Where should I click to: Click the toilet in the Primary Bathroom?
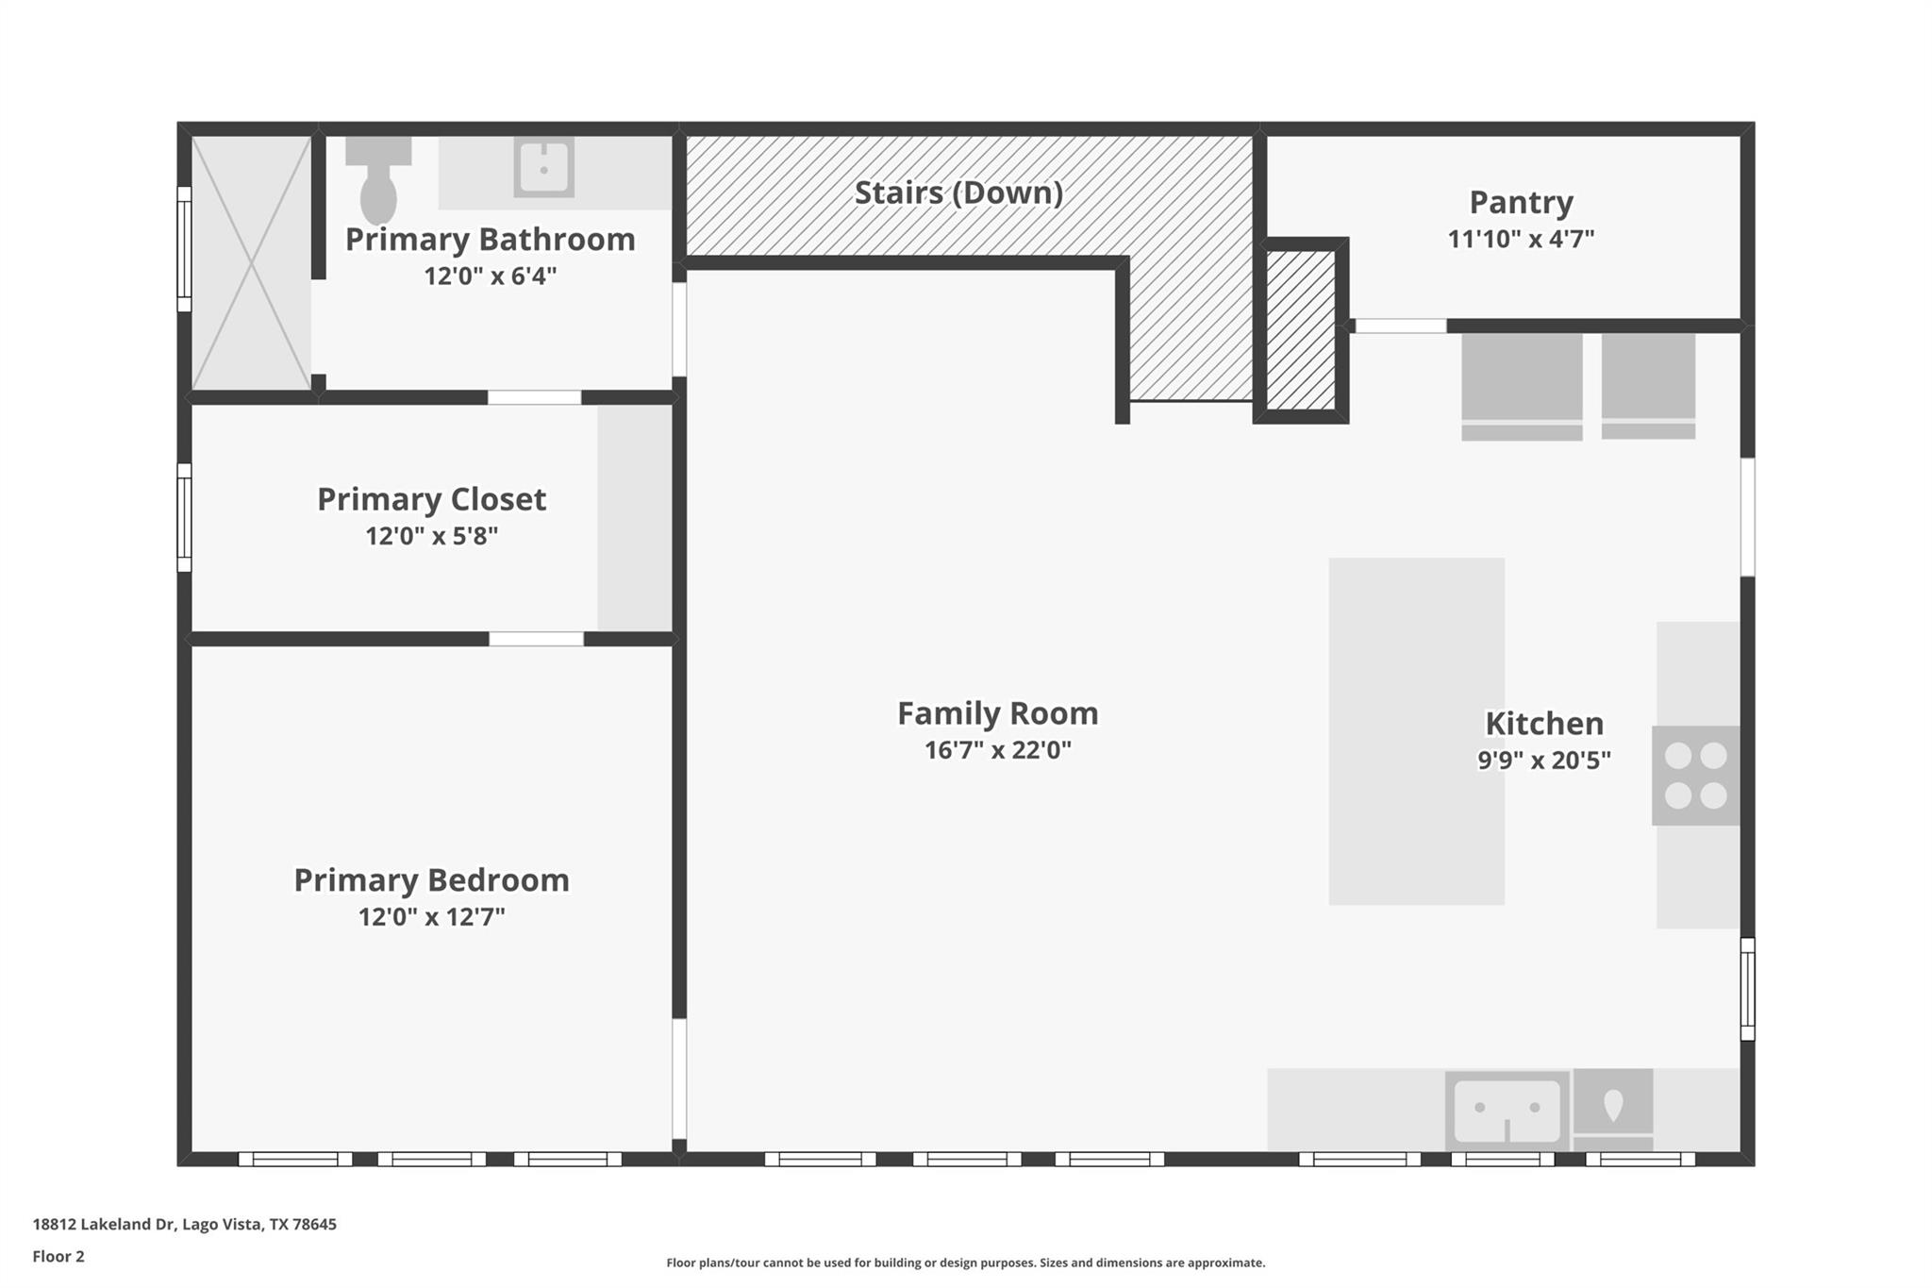pos(378,179)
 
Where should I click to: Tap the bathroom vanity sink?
pos(544,168)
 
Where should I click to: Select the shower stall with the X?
pos(252,263)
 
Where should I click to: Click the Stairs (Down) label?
pos(958,192)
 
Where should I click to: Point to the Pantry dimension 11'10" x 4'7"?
pos(1521,239)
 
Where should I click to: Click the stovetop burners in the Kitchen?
pos(1695,776)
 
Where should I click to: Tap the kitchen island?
pos(1417,731)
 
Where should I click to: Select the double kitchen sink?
pos(1507,1110)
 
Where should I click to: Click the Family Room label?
pos(998,713)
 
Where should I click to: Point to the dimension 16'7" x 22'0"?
pos(998,751)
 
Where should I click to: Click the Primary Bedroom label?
pos(432,880)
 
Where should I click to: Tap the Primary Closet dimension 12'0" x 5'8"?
pos(432,536)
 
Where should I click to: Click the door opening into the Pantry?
pos(1401,326)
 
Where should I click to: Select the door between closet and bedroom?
pos(536,639)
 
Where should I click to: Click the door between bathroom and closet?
pos(534,397)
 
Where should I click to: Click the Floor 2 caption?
pos(58,1257)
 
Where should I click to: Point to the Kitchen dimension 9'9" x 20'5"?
pos(1544,761)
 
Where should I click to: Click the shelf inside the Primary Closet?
pos(635,518)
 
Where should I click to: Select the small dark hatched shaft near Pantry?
pos(1301,330)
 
